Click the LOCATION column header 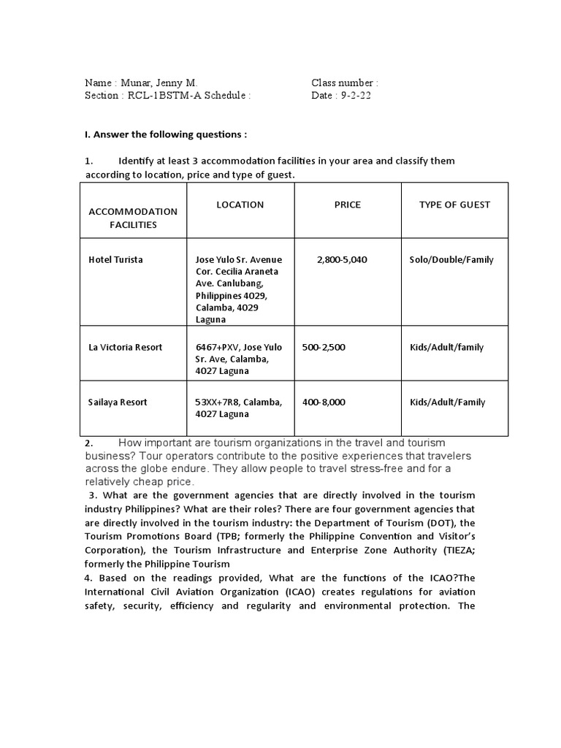pos(240,205)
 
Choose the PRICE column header pos(347,205)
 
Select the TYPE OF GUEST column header pos(454,205)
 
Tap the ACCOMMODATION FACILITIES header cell pos(133,218)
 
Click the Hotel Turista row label pos(115,260)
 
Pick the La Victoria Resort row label pos(125,348)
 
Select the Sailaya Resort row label pos(118,402)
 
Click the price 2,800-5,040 pos(342,260)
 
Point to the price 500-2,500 pos(324,348)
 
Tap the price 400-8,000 pos(324,402)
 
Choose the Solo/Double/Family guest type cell pos(451,260)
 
